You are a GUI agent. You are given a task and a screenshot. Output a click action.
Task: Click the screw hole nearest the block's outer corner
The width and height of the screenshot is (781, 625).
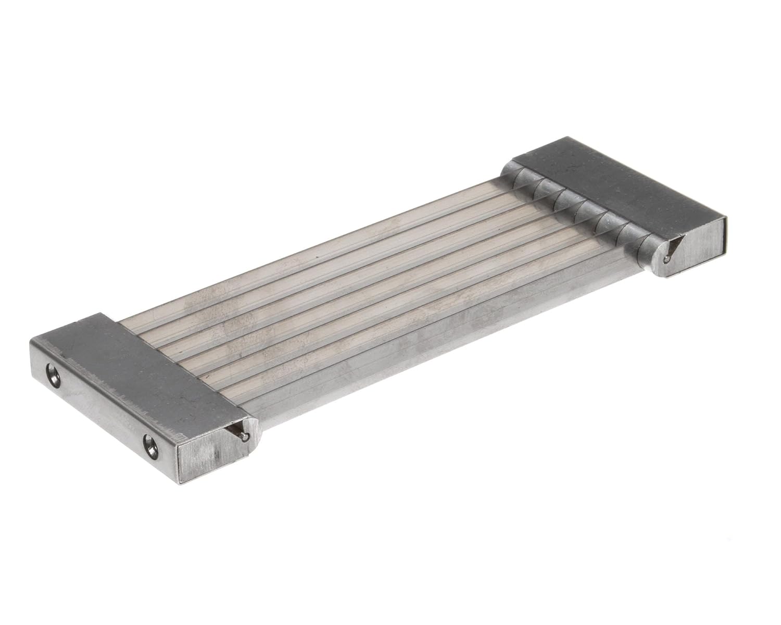pyautogui.click(x=52, y=374)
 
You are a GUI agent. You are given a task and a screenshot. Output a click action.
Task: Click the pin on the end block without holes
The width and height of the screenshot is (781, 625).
pyautogui.click(x=667, y=259)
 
